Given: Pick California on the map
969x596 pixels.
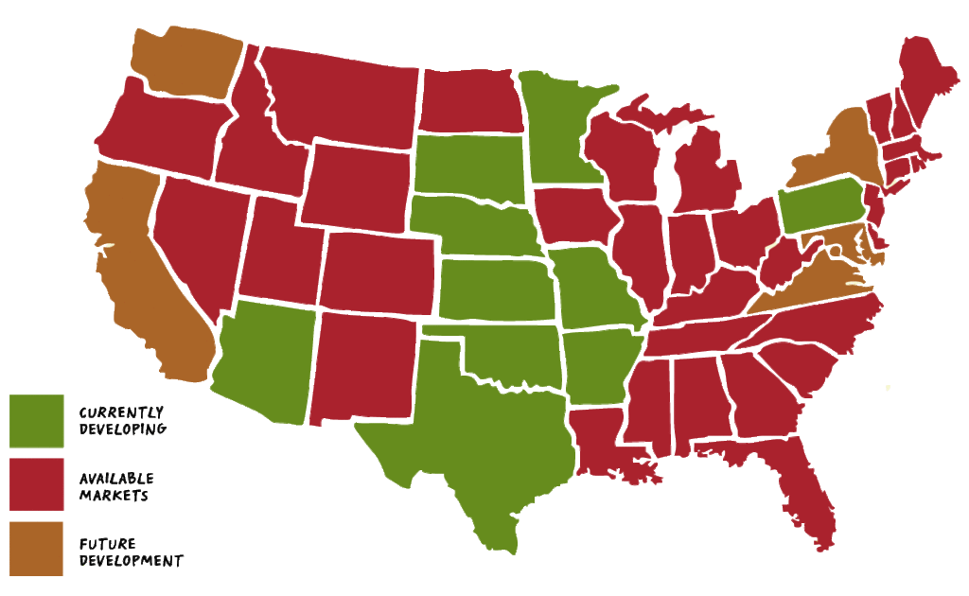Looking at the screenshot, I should click(x=142, y=274).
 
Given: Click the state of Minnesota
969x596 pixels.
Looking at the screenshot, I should click(x=558, y=132).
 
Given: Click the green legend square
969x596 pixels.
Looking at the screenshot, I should click(x=37, y=420).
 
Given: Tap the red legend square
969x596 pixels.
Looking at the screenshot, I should click(x=37, y=483).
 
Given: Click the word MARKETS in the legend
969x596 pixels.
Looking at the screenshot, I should click(x=114, y=496).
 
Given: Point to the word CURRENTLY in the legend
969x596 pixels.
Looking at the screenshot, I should click(x=121, y=412).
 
